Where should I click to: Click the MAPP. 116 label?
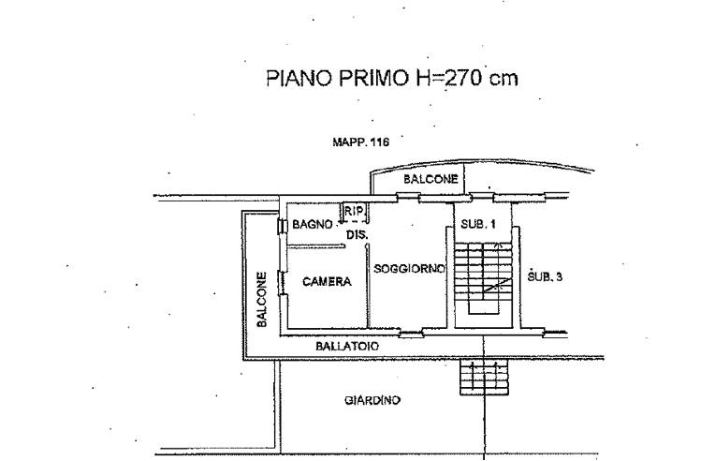point(360,142)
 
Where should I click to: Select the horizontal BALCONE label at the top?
point(430,179)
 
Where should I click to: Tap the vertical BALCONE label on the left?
point(263,300)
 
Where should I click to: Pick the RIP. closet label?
point(354,212)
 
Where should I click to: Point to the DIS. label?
point(357,232)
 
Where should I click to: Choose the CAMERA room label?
point(327,281)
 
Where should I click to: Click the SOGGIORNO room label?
point(409,269)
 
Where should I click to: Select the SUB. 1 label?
point(473,224)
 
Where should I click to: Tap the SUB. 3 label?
point(545,276)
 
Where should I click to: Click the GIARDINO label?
point(372,400)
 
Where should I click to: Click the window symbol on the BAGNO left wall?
point(281,226)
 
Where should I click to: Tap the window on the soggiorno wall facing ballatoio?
point(411,333)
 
